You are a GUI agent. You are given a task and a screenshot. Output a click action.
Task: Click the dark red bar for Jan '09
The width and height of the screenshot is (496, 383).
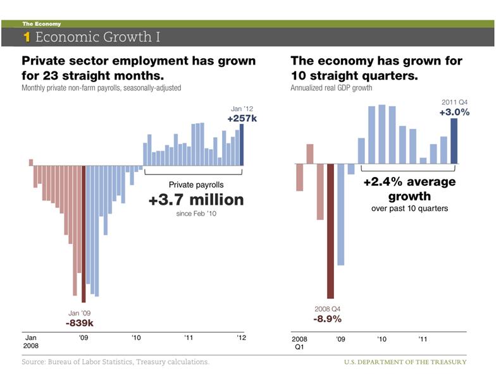click(x=84, y=234)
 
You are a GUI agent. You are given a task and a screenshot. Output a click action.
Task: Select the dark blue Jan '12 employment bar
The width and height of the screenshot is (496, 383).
click(x=242, y=145)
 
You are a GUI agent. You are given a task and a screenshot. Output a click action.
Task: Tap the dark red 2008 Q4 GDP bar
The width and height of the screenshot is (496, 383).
click(x=330, y=231)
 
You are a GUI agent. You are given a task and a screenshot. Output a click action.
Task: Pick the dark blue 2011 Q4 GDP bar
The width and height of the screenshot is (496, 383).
click(x=454, y=141)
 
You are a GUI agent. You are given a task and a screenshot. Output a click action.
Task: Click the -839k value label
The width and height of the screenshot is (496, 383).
click(x=80, y=323)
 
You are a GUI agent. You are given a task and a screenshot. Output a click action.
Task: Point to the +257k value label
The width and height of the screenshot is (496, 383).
click(x=242, y=118)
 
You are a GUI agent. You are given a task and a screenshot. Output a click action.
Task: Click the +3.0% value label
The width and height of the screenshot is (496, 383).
click(x=454, y=112)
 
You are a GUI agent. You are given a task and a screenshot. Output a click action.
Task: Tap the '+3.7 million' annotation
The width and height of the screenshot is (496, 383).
click(x=195, y=200)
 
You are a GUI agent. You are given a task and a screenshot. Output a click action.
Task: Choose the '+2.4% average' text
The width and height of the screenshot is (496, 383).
click(x=409, y=182)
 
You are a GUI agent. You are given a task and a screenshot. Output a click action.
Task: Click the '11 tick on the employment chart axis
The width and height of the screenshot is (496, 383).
click(x=189, y=338)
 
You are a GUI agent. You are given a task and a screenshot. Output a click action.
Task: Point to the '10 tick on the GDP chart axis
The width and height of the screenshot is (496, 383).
click(x=381, y=339)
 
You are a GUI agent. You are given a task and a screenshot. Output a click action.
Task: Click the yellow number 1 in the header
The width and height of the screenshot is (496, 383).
click(x=27, y=37)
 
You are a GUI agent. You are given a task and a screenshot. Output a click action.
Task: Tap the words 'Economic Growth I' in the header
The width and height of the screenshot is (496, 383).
click(x=97, y=37)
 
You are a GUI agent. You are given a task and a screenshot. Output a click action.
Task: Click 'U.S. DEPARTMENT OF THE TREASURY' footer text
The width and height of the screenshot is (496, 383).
click(x=405, y=362)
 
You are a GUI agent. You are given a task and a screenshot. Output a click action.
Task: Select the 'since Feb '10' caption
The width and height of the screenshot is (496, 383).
click(x=195, y=214)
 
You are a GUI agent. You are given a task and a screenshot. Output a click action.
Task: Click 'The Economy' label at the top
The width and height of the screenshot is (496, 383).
click(x=41, y=24)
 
